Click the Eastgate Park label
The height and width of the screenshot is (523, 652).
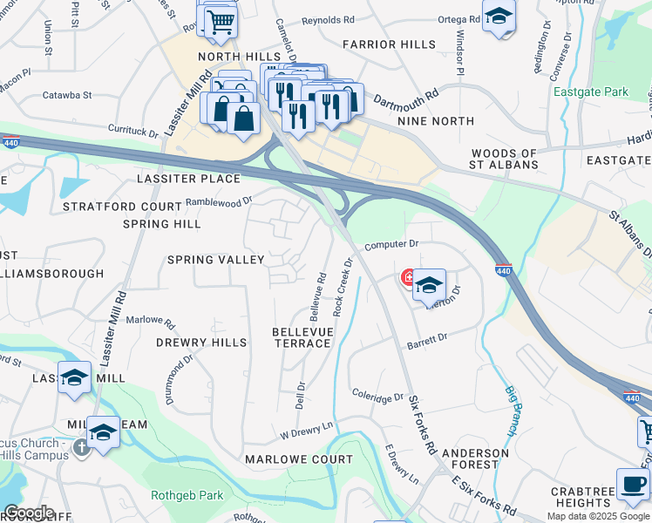[x=590, y=92]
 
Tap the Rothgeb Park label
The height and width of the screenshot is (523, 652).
[x=187, y=496]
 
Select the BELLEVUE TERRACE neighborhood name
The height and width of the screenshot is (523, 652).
[x=302, y=337]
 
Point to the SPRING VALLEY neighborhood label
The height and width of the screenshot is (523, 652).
[x=215, y=260]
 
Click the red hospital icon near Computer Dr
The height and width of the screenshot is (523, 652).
[x=407, y=278]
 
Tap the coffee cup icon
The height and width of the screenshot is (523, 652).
[x=633, y=484]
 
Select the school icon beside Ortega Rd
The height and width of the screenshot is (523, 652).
[x=499, y=17]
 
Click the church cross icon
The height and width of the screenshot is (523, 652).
[x=81, y=447]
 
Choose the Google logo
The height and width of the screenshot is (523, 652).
[x=29, y=513]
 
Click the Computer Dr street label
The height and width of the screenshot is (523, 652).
[x=391, y=245]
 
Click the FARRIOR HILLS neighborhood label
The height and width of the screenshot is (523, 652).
[x=389, y=44]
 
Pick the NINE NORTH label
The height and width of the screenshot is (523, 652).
[x=435, y=121]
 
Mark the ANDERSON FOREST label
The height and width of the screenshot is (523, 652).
[x=475, y=458]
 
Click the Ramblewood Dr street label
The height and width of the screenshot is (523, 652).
[x=219, y=200]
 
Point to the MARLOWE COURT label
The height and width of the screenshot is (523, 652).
[x=299, y=458]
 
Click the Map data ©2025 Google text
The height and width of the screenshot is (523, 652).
[x=598, y=516]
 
